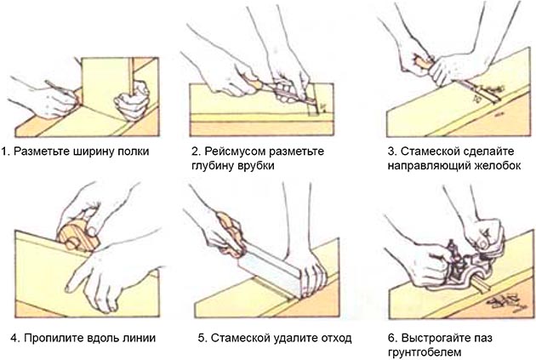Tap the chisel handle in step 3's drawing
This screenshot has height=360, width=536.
[422, 62]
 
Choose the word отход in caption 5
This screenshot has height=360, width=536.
[334, 338]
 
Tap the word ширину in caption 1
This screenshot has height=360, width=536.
[91, 151]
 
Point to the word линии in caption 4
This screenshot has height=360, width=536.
[138, 338]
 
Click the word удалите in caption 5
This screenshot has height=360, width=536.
[288, 338]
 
